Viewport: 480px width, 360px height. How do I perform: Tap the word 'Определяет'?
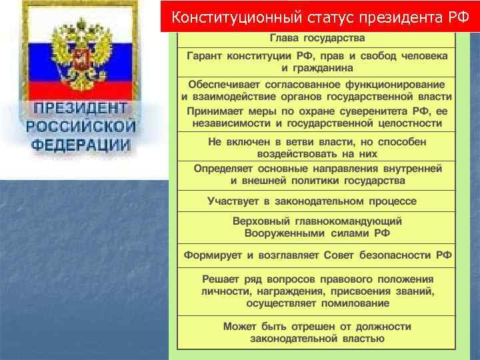[x=223, y=169]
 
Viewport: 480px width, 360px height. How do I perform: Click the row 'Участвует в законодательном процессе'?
[x=312, y=201]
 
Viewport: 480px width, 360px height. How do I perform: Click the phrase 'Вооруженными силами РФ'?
[x=317, y=233]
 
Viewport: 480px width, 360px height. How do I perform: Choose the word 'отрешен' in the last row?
[x=306, y=327]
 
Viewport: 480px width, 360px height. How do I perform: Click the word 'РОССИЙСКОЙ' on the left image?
[x=81, y=126]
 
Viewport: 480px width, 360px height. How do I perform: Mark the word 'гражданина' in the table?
[x=318, y=68]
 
